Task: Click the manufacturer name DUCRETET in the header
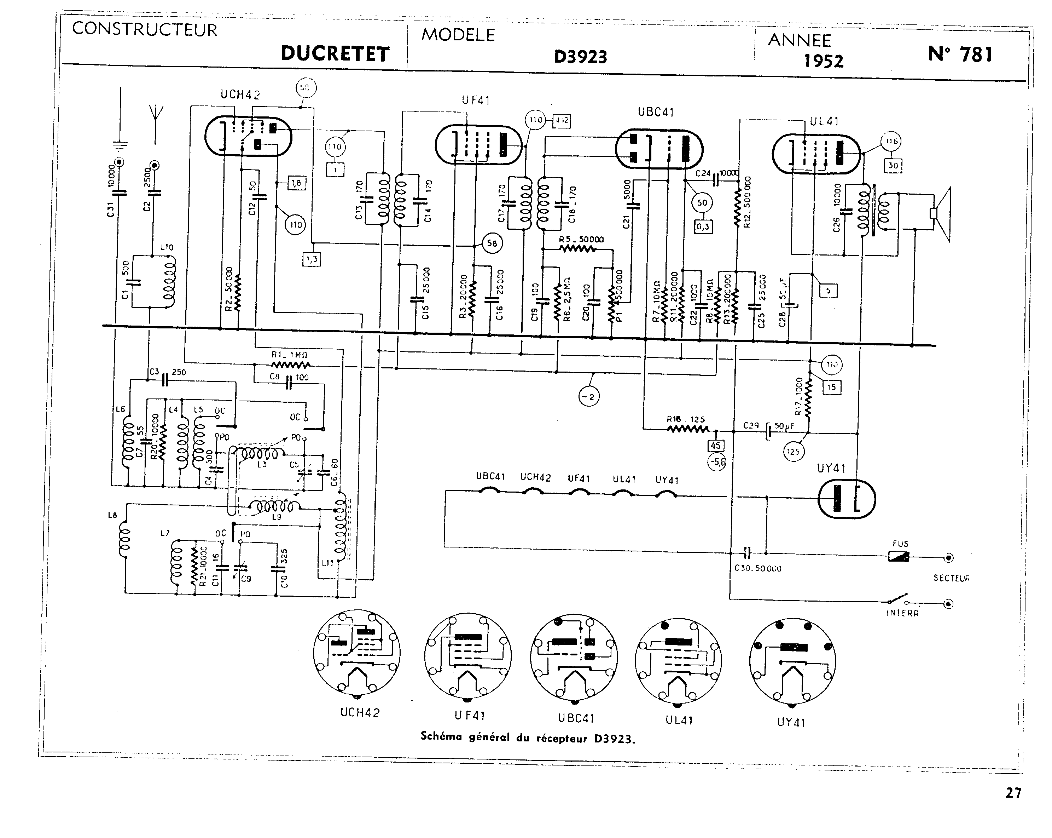coord(335,54)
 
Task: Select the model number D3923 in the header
coord(580,57)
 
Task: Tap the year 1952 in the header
coord(823,61)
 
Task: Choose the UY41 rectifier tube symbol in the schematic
coord(846,499)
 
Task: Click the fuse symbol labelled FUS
coord(898,556)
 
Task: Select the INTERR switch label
coord(902,613)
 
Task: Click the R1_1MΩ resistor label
coord(289,355)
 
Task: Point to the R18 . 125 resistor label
coord(686,419)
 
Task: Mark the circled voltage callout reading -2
coord(589,397)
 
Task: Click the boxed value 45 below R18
coord(715,446)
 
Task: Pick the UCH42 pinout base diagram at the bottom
coord(357,653)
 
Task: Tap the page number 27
coord(1013,793)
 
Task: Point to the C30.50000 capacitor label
coord(757,568)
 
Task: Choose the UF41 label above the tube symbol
coord(475,101)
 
